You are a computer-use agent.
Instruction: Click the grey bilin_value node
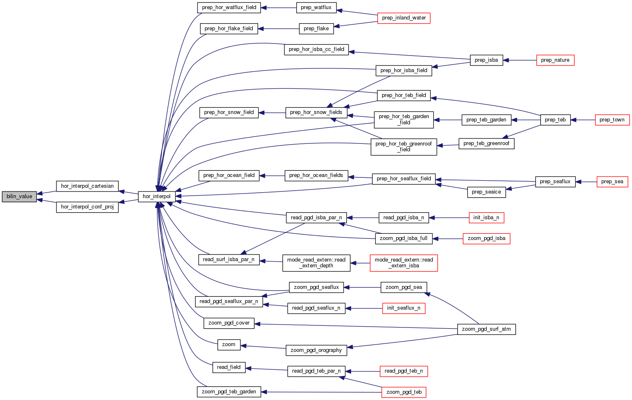tap(19, 196)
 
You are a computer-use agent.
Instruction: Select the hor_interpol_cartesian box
tap(87, 186)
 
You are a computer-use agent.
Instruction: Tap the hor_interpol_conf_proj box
tap(87, 207)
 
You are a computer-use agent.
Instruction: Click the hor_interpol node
tap(156, 196)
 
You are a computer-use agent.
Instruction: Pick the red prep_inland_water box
tap(404, 18)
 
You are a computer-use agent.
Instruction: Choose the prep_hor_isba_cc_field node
tap(316, 49)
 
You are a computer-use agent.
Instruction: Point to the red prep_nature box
tap(555, 60)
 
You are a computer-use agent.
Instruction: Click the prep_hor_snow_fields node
tap(316, 112)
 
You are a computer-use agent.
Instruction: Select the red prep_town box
tap(612, 120)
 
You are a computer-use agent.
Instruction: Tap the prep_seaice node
tap(486, 192)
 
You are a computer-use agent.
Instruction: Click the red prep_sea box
tap(612, 182)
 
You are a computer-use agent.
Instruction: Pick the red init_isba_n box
tap(486, 218)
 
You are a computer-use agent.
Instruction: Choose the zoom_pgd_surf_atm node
tap(486, 329)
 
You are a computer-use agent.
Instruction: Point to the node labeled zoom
tap(229, 344)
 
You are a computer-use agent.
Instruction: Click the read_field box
tap(229, 367)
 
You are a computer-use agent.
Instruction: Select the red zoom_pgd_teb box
tap(404, 392)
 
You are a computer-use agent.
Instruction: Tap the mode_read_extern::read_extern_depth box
tap(316, 263)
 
